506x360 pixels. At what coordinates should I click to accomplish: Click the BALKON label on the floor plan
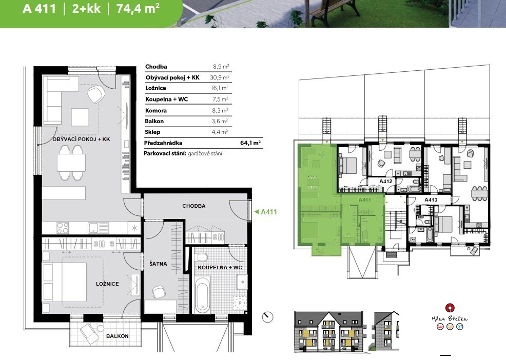(x=118, y=336)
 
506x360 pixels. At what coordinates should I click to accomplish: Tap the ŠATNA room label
(x=158, y=264)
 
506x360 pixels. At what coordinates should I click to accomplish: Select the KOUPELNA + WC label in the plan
(x=220, y=268)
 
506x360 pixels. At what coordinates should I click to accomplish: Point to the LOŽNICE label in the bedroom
(x=107, y=284)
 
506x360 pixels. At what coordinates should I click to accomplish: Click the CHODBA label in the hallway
(x=194, y=206)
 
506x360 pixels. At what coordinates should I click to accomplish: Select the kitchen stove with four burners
(x=63, y=228)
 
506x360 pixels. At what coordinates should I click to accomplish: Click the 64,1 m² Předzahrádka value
(x=250, y=143)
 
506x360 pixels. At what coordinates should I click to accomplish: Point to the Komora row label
(x=156, y=110)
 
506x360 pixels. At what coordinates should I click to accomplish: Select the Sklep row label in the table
(x=152, y=132)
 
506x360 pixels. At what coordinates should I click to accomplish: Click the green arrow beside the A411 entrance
(x=257, y=212)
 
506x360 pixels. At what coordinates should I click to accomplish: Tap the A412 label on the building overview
(x=385, y=182)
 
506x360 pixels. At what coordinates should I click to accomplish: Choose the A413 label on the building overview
(x=431, y=199)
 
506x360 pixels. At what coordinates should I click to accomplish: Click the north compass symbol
(x=268, y=317)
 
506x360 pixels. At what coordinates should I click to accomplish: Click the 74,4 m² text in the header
(x=138, y=8)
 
